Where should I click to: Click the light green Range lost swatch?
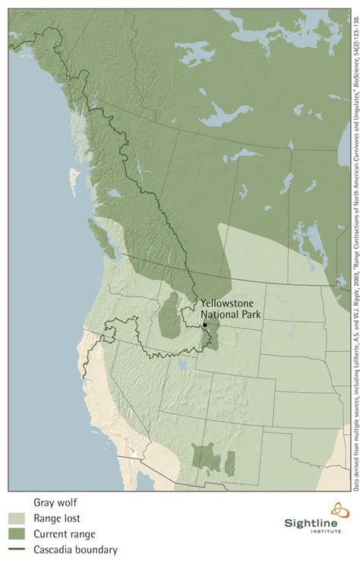pos(18,517)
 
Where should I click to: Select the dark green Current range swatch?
pos(18,533)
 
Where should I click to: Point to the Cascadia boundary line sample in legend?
pos(18,549)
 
